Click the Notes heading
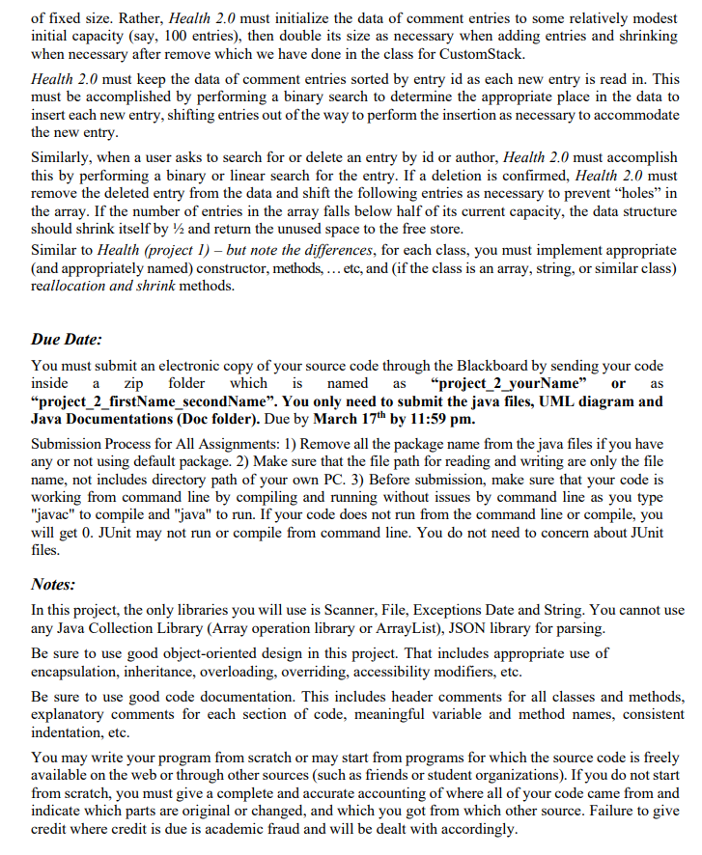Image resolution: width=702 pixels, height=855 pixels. point(54,585)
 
